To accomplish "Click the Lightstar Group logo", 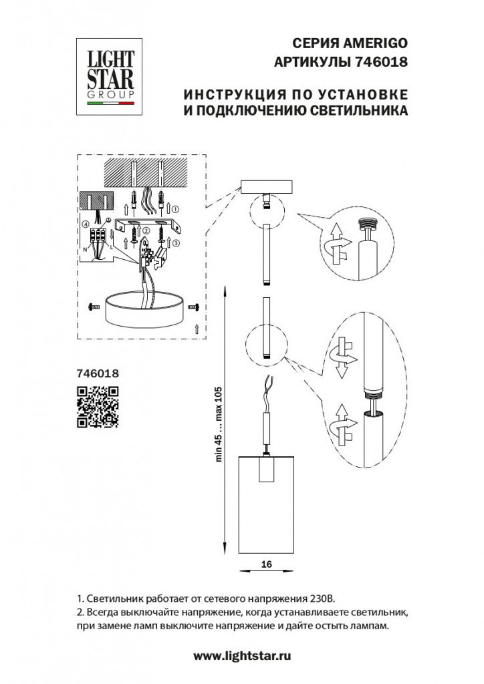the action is tap(109, 77).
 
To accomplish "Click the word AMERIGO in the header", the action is tap(376, 43).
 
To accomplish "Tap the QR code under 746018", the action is tap(98, 407).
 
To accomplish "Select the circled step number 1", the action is tap(175, 208).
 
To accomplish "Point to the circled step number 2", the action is tap(146, 230).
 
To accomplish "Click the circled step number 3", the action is tap(175, 243).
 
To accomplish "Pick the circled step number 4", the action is tap(85, 224).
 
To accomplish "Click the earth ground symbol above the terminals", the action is tap(109, 220).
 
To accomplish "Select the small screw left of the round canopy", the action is tap(94, 307).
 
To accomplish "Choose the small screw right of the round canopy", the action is tap(194, 307).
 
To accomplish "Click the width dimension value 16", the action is tap(266, 564).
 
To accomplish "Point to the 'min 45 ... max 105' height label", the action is tap(219, 424).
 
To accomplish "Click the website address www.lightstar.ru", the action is tap(242, 656).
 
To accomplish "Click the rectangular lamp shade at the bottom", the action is tap(266, 505).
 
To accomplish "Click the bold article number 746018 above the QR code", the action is tap(98, 373).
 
